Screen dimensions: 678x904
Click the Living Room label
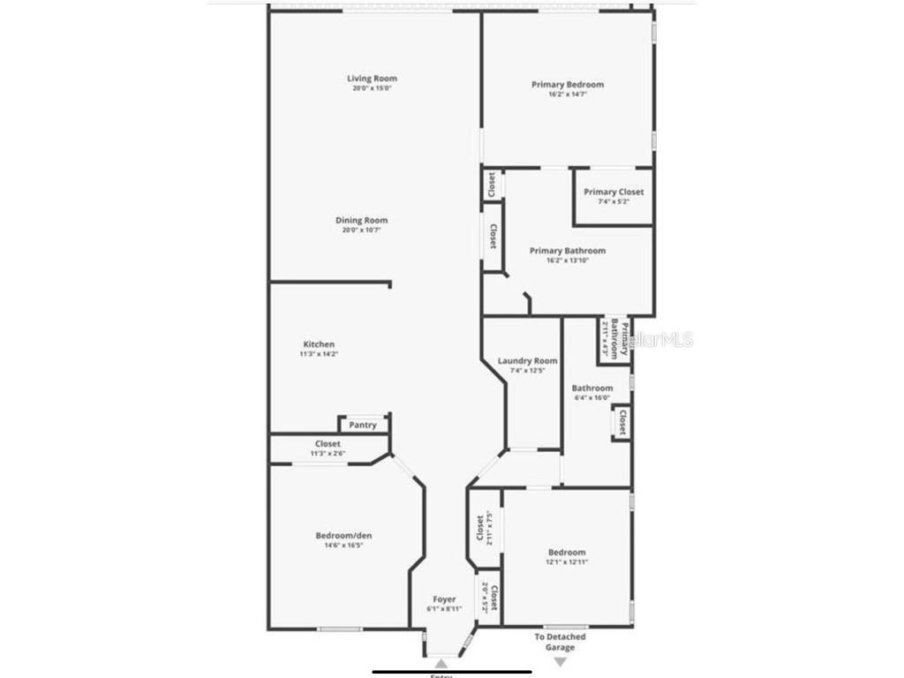372,79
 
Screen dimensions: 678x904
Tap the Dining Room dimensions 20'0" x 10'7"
361,230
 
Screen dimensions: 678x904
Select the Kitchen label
319,344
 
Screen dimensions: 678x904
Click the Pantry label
363,425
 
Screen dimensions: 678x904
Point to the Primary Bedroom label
568,85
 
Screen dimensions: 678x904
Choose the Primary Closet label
614,192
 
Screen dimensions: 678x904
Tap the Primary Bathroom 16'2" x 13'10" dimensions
568,260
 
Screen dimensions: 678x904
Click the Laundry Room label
528,360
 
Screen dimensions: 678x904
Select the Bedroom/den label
340,535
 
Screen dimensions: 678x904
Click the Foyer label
444,599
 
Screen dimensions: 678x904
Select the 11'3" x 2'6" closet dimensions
328,454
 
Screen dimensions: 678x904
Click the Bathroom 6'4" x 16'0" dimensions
591,397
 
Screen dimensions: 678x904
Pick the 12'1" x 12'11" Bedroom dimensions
567,561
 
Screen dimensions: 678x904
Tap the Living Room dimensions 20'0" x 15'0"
372,88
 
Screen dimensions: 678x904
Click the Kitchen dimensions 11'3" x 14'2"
319,354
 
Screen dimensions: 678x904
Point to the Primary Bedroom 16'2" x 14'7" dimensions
568,94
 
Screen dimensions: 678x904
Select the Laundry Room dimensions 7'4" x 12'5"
528,370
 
